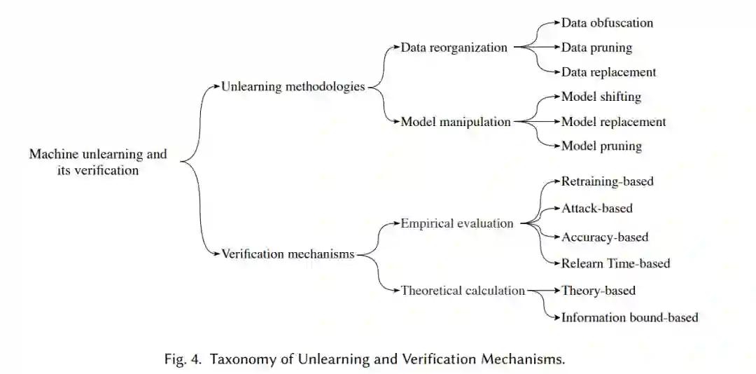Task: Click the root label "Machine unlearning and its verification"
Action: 97,162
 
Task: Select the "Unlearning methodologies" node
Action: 293,87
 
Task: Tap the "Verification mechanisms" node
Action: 288,254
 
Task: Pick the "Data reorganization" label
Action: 454,48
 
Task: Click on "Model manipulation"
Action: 456,122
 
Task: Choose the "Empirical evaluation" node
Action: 457,223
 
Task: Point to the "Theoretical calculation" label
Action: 463,290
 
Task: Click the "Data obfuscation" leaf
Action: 607,22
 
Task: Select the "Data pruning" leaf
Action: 596,48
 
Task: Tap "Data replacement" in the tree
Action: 608,72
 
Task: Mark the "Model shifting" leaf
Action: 601,97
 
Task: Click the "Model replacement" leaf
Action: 613,122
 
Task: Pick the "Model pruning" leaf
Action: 601,146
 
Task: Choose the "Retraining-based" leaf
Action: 607,181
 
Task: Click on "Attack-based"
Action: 596,208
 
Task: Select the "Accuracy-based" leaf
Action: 605,237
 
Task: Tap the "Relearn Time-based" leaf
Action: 615,263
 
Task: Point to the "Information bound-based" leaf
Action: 629,317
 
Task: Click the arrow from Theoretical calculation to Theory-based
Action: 543,290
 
